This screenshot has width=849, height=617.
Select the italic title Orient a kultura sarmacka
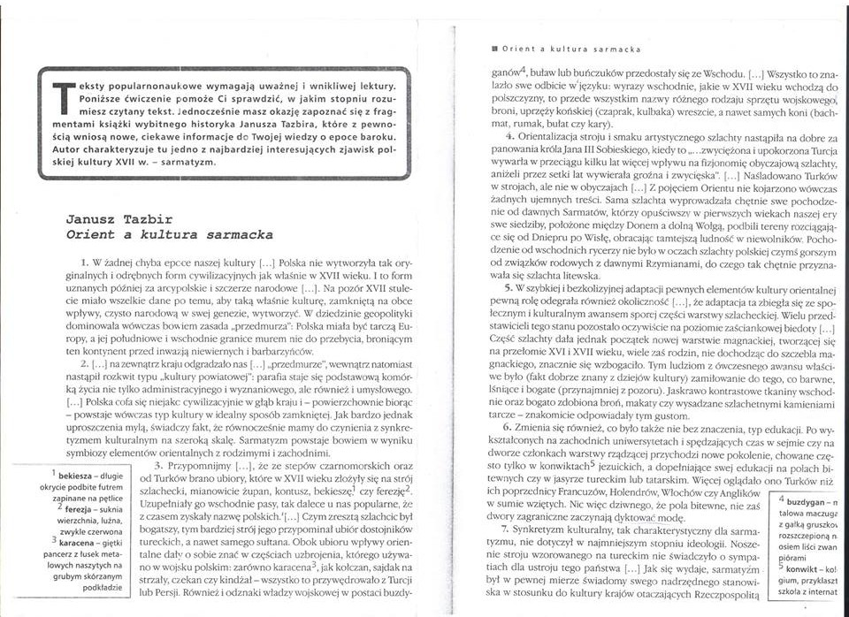(170, 236)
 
